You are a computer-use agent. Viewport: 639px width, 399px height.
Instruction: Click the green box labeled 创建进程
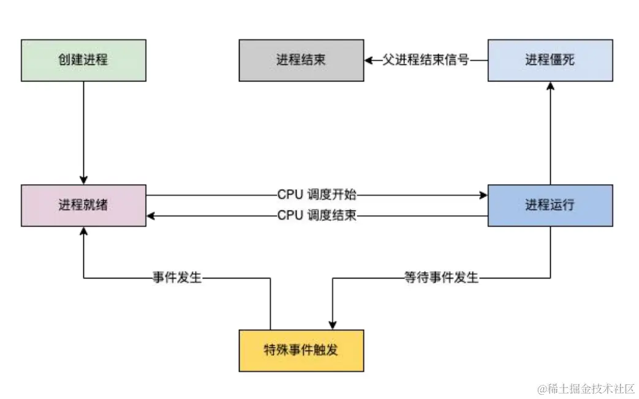83,60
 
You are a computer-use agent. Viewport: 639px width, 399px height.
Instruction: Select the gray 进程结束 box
301,60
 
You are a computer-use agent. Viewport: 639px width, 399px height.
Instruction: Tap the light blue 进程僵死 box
550,60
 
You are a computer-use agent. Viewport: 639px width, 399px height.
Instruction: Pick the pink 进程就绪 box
83,205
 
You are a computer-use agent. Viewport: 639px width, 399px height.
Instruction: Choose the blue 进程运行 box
550,205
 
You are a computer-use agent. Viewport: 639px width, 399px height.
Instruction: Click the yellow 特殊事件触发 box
301,350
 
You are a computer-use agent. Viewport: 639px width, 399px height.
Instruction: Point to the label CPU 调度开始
317,195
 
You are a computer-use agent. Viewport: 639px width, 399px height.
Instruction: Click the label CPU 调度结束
317,215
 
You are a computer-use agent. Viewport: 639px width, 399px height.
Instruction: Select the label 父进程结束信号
426,60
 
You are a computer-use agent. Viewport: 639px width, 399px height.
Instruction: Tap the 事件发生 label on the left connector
177,278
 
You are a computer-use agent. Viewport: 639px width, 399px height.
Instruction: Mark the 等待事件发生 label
441,278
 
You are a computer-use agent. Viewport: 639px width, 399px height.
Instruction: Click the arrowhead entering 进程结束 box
368,60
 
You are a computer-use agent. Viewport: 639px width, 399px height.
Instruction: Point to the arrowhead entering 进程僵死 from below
550,86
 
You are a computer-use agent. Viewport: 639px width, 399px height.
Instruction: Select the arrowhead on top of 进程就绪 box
83,180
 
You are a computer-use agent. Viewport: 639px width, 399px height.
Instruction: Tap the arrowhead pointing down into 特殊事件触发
332,325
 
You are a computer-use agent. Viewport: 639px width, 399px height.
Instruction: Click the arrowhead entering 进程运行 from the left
483,195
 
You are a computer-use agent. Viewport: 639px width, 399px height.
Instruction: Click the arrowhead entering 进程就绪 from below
83,231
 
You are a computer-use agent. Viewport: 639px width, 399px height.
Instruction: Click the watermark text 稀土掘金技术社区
586,389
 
